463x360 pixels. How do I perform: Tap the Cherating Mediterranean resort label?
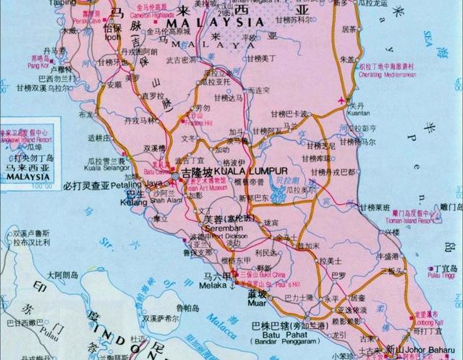click(385, 74)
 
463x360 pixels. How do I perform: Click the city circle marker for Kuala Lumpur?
click(177, 175)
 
